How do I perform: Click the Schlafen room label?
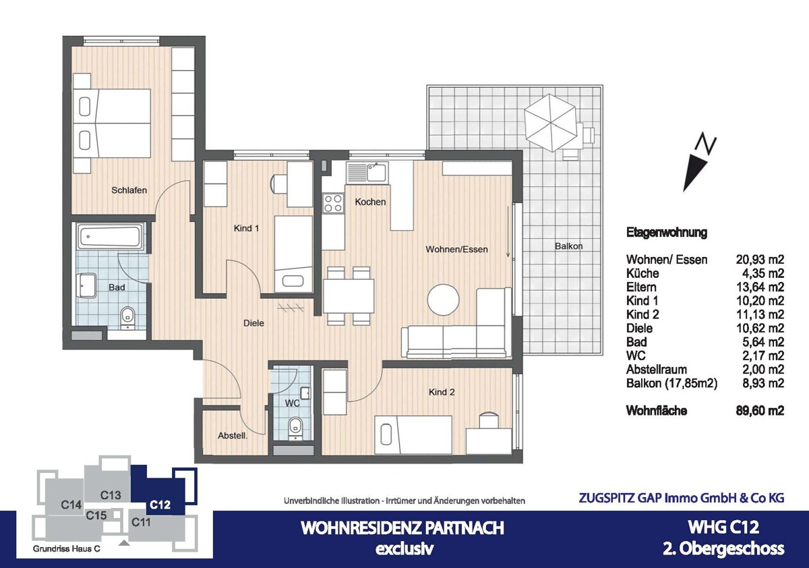pyautogui.click(x=129, y=190)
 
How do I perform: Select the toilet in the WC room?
pyautogui.click(x=295, y=427)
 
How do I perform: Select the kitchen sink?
pyautogui.click(x=367, y=173)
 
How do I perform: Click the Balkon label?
pyautogui.click(x=568, y=246)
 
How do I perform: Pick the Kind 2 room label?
pyautogui.click(x=443, y=392)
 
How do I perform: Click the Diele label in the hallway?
pyautogui.click(x=253, y=323)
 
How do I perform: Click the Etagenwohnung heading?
pyautogui.click(x=666, y=233)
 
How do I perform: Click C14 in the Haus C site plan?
pyautogui.click(x=71, y=504)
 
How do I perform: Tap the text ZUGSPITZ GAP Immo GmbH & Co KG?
pyautogui.click(x=682, y=498)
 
